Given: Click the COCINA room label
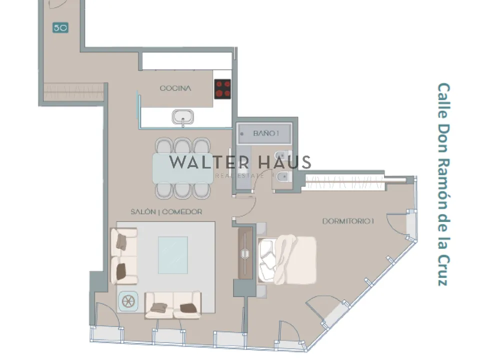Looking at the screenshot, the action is click(175, 88).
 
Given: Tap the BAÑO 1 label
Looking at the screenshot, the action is click(266, 133).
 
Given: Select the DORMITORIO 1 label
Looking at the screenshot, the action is click(348, 221).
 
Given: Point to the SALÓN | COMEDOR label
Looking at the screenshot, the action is click(166, 212).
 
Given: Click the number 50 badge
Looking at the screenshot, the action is click(60, 28).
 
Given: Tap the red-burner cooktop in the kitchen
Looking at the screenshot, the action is click(222, 89).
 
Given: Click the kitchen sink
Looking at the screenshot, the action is click(183, 117).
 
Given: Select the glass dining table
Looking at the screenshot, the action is click(183, 168).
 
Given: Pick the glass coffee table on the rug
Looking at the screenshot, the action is click(173, 255).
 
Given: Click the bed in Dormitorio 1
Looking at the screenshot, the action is click(287, 259).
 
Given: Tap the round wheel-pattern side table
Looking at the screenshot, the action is click(128, 301).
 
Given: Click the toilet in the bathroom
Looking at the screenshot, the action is click(283, 176).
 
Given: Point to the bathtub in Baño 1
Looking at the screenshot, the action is click(265, 133).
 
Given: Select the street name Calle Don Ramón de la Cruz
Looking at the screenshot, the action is click(443, 184).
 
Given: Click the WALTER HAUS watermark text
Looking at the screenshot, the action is click(240, 162).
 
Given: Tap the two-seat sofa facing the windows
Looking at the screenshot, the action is click(173, 305).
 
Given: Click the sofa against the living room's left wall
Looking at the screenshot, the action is click(124, 256).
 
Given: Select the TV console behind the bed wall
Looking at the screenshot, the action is click(245, 253).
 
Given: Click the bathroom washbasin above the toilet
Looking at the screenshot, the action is click(283, 155).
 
